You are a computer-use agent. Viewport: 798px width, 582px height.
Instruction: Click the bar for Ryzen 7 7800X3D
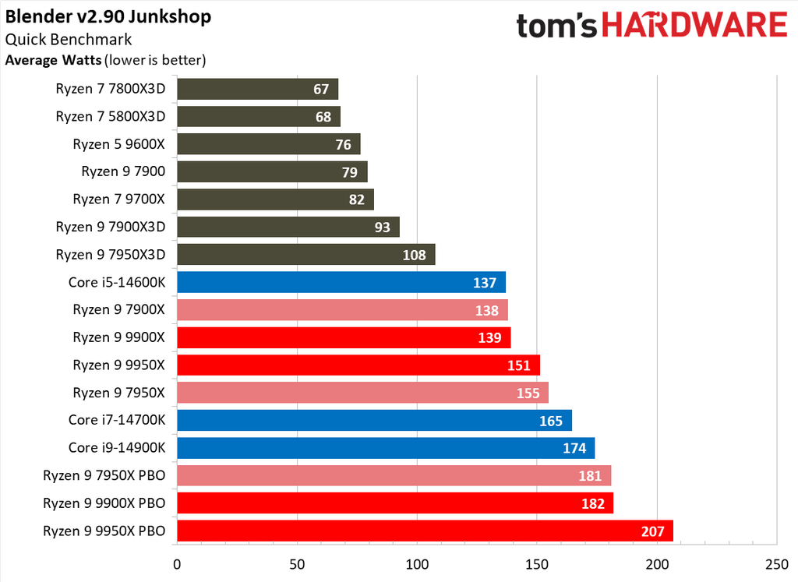point(257,89)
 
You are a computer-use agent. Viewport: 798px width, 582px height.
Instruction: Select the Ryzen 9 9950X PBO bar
point(425,531)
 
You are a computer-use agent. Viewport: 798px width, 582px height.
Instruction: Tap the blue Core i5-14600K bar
point(341,282)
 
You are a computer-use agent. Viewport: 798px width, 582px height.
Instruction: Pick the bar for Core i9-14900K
point(386,448)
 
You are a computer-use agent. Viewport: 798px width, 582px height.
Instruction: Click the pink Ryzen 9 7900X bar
point(342,310)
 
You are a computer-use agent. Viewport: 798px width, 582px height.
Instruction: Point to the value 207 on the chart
point(652,532)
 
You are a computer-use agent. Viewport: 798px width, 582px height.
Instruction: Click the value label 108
point(415,255)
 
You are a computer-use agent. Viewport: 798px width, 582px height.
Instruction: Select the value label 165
point(551,422)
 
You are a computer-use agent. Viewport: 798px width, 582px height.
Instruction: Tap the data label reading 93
point(382,228)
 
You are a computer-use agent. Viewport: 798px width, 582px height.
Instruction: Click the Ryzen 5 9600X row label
point(118,144)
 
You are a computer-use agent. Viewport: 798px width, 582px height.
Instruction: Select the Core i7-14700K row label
point(116,421)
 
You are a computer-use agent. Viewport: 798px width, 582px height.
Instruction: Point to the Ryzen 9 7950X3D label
point(110,255)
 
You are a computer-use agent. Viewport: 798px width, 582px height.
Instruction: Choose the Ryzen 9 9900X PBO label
point(104,504)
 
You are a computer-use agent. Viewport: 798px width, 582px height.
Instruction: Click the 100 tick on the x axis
point(417,564)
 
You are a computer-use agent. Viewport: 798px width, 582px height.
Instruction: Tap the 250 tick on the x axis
point(777,564)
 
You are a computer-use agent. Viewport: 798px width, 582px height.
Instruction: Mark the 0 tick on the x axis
point(178,564)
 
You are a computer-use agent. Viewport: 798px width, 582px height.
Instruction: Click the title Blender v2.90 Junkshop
point(108,16)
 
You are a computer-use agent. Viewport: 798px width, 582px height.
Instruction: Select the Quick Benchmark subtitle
point(69,40)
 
